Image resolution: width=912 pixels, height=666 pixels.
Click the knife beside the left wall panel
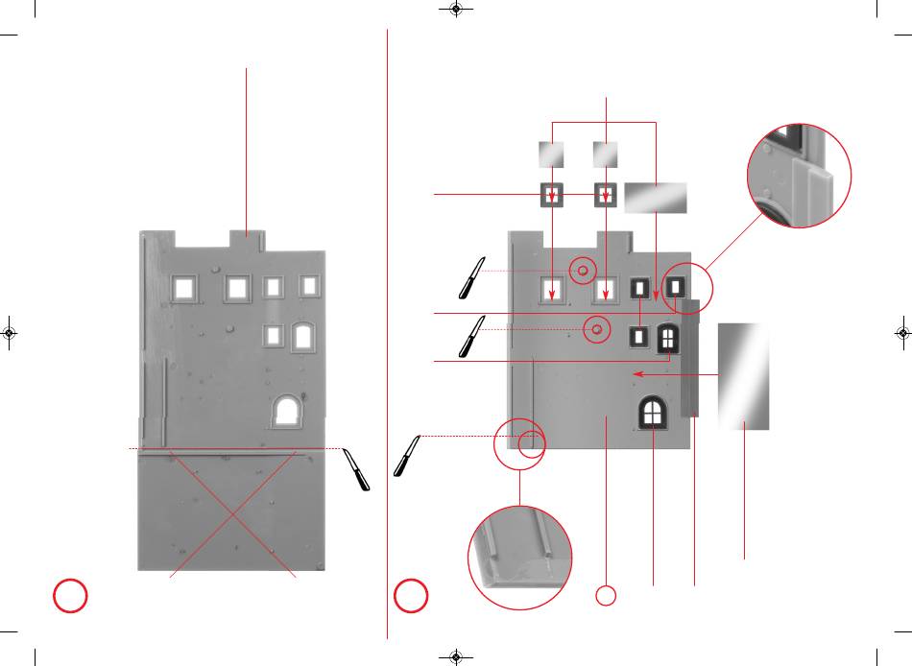(x=357, y=470)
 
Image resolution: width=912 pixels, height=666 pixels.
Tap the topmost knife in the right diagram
(x=472, y=277)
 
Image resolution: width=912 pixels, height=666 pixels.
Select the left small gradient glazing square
(x=551, y=154)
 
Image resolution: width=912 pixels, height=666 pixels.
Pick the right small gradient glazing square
(x=606, y=154)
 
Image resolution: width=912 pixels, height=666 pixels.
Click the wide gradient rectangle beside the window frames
(x=656, y=197)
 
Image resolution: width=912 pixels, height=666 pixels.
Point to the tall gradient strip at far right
(x=744, y=375)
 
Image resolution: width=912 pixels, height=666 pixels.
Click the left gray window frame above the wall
(x=552, y=195)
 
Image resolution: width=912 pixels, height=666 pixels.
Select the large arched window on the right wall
(x=652, y=414)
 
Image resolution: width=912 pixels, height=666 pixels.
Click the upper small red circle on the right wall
(x=582, y=272)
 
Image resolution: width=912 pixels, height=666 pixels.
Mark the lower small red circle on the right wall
(x=597, y=329)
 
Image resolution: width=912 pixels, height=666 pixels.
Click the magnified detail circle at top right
(x=800, y=175)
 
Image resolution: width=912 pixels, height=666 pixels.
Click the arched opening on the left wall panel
(x=286, y=411)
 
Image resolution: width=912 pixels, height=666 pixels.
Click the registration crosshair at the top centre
(x=456, y=10)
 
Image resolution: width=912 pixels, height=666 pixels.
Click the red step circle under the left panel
(x=70, y=595)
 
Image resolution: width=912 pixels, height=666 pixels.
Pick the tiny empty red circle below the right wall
(x=606, y=596)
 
